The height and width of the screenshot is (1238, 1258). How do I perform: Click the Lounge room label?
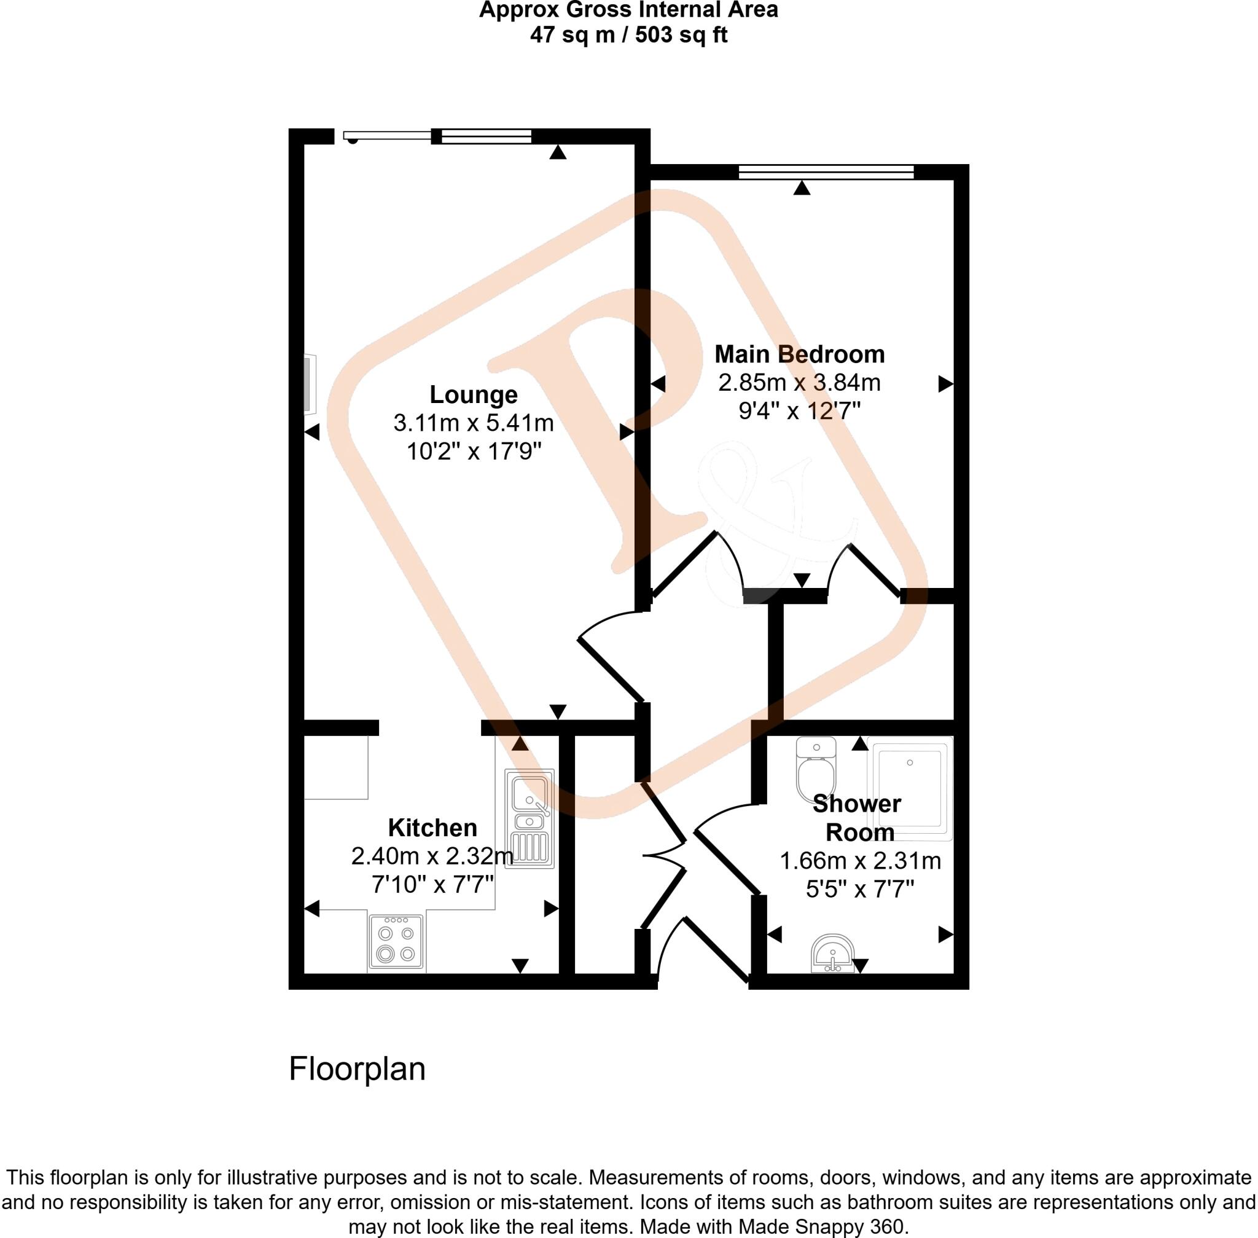[474, 394]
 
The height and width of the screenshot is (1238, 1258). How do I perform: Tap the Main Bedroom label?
[800, 355]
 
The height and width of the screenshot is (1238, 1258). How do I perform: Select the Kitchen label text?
[432, 828]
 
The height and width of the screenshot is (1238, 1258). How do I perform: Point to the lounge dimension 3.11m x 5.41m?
[474, 423]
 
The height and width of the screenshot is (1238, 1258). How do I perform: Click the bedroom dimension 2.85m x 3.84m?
[799, 382]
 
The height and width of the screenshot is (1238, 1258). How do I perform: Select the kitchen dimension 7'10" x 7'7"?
[432, 884]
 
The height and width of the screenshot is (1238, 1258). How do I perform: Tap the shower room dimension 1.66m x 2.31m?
[860, 861]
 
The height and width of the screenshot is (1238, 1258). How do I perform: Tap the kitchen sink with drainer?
[530, 818]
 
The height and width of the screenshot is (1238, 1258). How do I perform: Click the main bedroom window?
[826, 171]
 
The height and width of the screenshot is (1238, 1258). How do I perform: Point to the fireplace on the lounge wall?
[310, 383]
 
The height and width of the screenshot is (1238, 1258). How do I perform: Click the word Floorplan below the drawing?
[357, 1069]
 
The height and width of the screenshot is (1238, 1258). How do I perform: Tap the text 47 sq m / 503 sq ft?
[628, 34]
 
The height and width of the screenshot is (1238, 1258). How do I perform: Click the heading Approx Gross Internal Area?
[628, 10]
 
